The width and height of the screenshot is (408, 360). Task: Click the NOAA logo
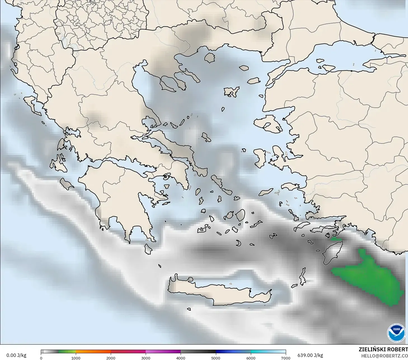click(x=396, y=333)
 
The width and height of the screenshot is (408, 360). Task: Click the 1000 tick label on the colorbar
click(x=76, y=358)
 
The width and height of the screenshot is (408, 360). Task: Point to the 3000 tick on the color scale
click(x=146, y=358)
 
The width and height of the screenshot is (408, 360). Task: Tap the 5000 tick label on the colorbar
click(x=216, y=358)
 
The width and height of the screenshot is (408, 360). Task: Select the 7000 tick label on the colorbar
click(x=286, y=358)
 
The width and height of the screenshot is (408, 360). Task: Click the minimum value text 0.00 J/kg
click(x=16, y=355)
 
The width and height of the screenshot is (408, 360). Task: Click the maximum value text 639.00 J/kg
click(x=310, y=355)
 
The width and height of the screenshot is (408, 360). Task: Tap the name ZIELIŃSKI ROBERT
click(x=383, y=349)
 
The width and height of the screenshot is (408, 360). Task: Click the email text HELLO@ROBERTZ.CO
click(x=384, y=356)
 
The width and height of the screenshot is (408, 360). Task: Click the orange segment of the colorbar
click(x=93, y=352)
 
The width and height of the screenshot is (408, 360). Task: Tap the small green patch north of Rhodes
click(x=336, y=239)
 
